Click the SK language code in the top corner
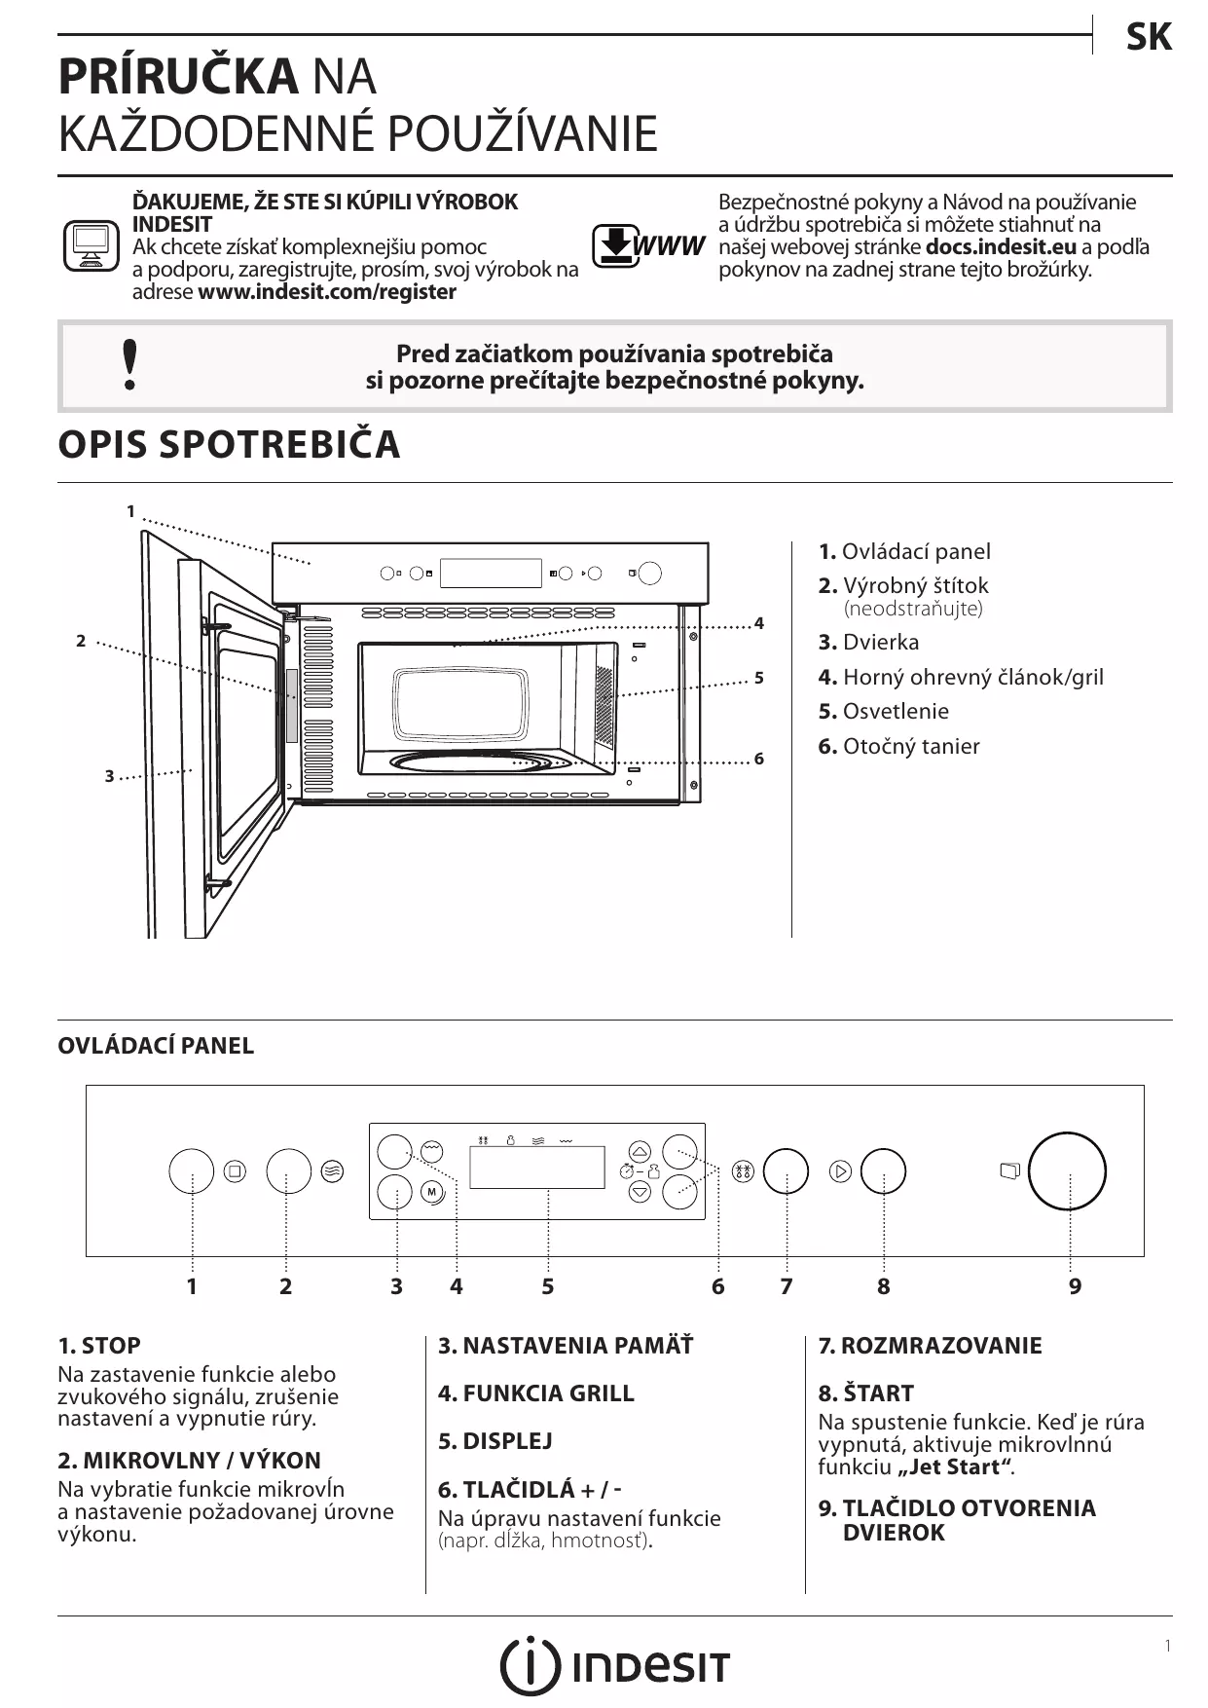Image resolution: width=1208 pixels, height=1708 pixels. click(x=1149, y=38)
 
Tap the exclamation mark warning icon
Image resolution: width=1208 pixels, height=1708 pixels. click(x=129, y=365)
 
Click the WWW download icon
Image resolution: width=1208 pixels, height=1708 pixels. click(x=648, y=245)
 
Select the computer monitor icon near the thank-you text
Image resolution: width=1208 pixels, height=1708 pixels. click(x=91, y=246)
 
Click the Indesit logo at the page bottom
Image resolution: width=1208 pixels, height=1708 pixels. click(x=614, y=1665)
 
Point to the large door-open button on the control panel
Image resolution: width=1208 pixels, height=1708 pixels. click(x=1067, y=1170)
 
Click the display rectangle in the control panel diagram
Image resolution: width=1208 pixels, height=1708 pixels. click(x=536, y=1167)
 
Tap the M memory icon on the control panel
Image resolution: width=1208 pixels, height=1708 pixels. click(x=432, y=1192)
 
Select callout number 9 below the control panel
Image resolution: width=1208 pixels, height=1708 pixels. click(x=1075, y=1286)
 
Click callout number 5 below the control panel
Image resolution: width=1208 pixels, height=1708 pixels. click(x=548, y=1286)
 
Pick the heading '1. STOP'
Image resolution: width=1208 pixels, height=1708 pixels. click(x=99, y=1346)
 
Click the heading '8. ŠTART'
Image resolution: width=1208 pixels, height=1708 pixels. click(x=865, y=1393)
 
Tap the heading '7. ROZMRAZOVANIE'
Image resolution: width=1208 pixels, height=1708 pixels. click(x=930, y=1346)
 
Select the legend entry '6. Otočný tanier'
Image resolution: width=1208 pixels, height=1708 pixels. click(x=898, y=746)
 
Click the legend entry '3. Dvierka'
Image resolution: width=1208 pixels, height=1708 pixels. click(x=868, y=642)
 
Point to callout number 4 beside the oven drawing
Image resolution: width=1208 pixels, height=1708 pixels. click(x=759, y=623)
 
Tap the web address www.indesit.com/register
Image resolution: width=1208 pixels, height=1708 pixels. click(x=327, y=292)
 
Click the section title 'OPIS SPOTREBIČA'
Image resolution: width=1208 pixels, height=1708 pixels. click(x=230, y=444)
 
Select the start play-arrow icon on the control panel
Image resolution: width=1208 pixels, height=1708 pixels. click(x=840, y=1170)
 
